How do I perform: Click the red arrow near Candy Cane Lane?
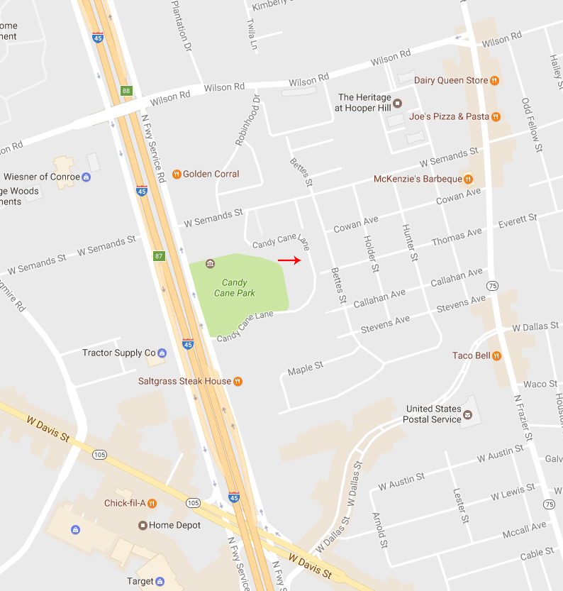pyautogui.click(x=289, y=260)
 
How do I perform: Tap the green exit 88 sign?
pyautogui.click(x=126, y=91)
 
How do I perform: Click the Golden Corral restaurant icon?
pyautogui.click(x=177, y=174)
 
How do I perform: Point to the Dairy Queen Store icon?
pyautogui.click(x=495, y=81)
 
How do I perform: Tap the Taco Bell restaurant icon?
pyautogui.click(x=496, y=355)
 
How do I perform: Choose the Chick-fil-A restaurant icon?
pyautogui.click(x=152, y=503)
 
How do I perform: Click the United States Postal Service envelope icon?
pyautogui.click(x=467, y=411)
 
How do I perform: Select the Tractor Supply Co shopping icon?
pyautogui.click(x=162, y=353)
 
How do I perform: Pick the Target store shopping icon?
pyautogui.click(x=160, y=581)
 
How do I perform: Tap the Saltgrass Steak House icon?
pyautogui.click(x=238, y=381)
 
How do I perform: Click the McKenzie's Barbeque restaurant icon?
pyautogui.click(x=468, y=179)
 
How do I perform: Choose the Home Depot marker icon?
pyautogui.click(x=143, y=526)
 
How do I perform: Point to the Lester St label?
pyautogui.click(x=461, y=504)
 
